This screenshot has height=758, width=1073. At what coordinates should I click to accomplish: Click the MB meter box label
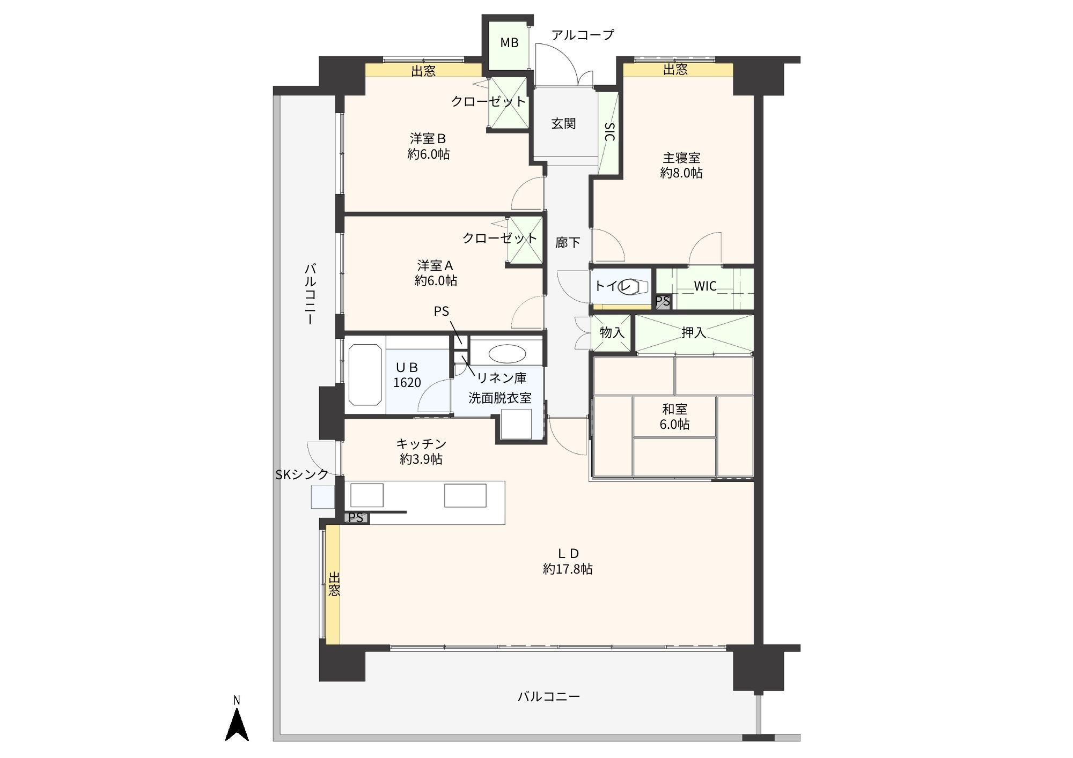click(509, 43)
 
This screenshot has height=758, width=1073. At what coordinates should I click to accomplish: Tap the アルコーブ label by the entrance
click(583, 35)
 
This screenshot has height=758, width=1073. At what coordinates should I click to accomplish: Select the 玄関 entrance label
click(563, 124)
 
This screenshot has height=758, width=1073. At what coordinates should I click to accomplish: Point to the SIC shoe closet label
click(609, 131)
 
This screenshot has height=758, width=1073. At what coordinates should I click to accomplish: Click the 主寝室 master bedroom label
click(681, 158)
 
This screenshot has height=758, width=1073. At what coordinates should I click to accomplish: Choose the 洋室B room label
click(428, 139)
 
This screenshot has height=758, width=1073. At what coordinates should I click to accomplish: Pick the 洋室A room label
click(436, 265)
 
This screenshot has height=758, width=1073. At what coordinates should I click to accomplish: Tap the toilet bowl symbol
click(633, 287)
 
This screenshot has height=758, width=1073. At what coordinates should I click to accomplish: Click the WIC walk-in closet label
click(705, 286)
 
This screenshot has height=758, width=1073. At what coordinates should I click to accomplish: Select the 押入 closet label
click(693, 333)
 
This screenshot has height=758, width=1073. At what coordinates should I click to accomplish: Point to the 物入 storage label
click(612, 333)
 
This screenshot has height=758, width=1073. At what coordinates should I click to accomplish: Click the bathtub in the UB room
click(365, 375)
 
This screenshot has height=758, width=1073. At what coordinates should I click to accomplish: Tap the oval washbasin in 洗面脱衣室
click(506, 354)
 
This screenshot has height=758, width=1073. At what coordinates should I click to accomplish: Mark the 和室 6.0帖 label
click(675, 417)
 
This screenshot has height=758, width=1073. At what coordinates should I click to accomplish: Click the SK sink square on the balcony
click(323, 497)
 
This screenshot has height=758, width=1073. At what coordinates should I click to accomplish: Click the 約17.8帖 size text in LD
click(568, 569)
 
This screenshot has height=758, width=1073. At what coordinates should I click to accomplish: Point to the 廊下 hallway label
click(568, 243)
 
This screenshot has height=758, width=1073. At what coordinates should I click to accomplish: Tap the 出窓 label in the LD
click(334, 584)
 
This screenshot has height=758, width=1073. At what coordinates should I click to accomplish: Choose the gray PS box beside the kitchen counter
click(356, 518)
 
